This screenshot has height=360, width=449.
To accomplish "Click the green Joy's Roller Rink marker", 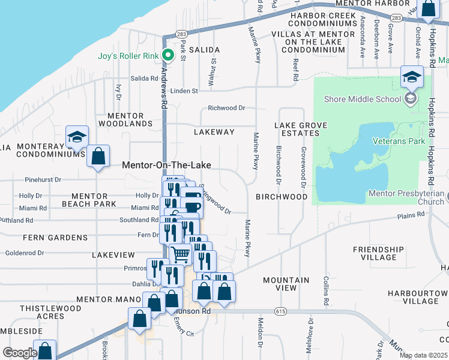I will (x=169, y=56).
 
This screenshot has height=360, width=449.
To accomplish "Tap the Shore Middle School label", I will (x=361, y=99).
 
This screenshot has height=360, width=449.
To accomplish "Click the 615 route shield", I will (x=281, y=311).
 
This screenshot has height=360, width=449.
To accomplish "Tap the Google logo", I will (x=20, y=353).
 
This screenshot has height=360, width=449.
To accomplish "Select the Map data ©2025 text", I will (x=423, y=355).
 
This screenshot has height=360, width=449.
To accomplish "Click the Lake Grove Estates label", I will (x=301, y=129).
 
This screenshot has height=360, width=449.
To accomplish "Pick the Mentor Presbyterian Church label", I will (x=406, y=197).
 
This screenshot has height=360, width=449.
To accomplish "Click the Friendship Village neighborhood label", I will (x=378, y=253).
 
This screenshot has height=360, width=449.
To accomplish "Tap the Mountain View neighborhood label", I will (x=286, y=284).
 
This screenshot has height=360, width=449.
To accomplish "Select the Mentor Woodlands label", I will (x=130, y=119).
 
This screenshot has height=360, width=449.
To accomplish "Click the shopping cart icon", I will (x=180, y=254).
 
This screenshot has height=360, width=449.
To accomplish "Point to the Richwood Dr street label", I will (x=226, y=109).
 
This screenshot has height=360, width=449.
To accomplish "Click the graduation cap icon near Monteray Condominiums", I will (x=77, y=137).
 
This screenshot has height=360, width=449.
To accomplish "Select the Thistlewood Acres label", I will (x=41, y=312).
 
